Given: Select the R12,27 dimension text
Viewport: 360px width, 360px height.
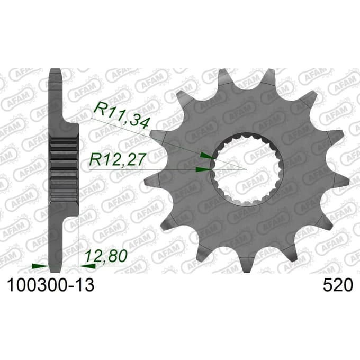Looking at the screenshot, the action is click(118, 159).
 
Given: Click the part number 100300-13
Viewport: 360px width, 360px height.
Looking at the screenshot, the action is click(51, 285).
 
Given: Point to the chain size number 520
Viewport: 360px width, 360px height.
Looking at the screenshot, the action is click(337, 285).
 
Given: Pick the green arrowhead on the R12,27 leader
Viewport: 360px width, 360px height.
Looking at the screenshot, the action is click(203, 169).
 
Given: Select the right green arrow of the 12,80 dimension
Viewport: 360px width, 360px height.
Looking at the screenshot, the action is click(87, 266).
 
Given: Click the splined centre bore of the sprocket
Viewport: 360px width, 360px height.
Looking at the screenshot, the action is click(247, 169).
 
